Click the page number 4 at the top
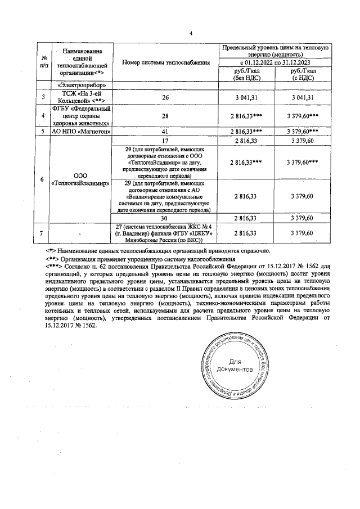pyautogui.click(x=191, y=33)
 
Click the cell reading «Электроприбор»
pyautogui.click(x=82, y=85)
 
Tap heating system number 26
pyautogui.click(x=165, y=98)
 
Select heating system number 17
pyautogui.click(x=165, y=140)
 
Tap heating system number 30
pyautogui.click(x=165, y=218)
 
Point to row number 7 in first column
pyautogui.click(x=44, y=233)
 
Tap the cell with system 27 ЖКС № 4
pyautogui.click(x=165, y=233)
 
